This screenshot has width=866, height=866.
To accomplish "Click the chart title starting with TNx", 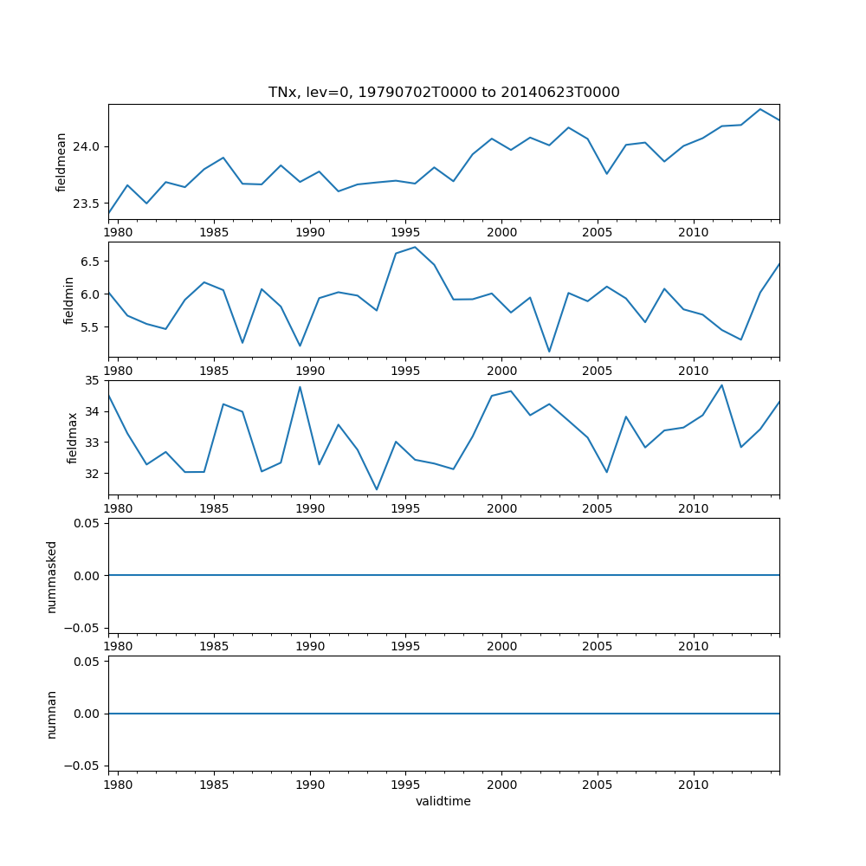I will point(443,93).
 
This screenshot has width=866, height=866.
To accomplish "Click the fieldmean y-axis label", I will point(61,162).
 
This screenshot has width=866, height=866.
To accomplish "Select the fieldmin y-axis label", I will point(69,300).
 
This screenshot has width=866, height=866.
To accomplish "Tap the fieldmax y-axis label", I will point(73,437).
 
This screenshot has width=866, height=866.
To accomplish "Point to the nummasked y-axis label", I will point(52,576).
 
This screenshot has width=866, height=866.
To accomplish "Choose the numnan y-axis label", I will point(52,714).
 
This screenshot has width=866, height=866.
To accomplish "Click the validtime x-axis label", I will point(443,802).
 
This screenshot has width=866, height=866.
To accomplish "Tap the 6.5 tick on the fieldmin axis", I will point(90,262).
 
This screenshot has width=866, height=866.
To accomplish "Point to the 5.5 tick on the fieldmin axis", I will point(90,327).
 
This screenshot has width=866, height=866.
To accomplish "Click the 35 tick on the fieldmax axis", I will point(94,380).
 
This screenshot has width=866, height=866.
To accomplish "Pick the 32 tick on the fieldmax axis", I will point(94,474).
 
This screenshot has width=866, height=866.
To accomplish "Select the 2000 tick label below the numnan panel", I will point(502,786).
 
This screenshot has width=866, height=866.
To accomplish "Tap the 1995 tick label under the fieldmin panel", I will point(406,372).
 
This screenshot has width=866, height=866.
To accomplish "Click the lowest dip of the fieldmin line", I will point(549,352).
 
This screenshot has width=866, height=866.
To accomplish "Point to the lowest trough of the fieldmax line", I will point(377,489).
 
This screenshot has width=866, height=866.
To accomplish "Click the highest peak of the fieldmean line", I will point(760,109).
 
